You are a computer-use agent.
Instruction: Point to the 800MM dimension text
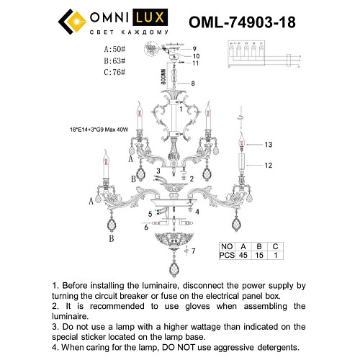point(163,77)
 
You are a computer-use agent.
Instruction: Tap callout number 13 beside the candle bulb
point(269,145)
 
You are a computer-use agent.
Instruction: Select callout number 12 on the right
point(269,166)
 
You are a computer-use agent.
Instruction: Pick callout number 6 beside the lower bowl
point(146,227)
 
